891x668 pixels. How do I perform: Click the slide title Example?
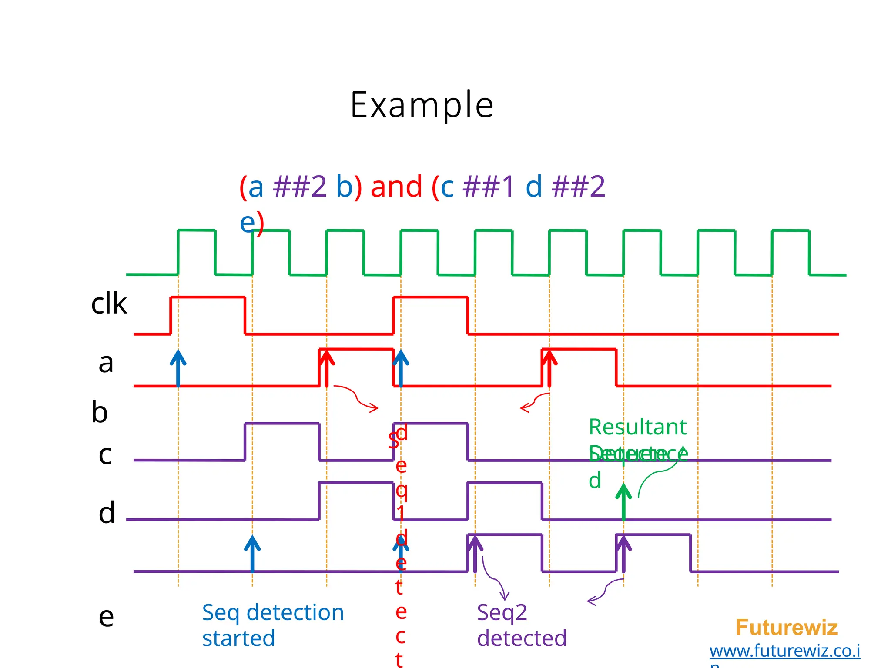tap(422, 105)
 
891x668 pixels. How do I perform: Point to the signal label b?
tap(100, 412)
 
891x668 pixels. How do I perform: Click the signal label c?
tap(105, 454)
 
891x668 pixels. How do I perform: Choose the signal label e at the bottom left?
tap(106, 616)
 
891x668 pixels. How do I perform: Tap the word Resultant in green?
tap(637, 427)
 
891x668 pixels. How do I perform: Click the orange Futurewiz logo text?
tap(787, 628)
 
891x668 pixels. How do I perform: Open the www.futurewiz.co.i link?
tap(784, 651)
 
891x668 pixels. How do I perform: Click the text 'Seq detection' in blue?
tap(273, 613)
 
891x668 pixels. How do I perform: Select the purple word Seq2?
tap(502, 613)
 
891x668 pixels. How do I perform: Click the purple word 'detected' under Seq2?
tap(522, 638)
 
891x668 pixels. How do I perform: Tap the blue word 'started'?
tap(238, 638)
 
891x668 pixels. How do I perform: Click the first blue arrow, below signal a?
tap(178, 367)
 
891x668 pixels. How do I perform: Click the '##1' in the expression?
tap(489, 187)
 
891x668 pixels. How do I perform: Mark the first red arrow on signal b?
tap(327, 367)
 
